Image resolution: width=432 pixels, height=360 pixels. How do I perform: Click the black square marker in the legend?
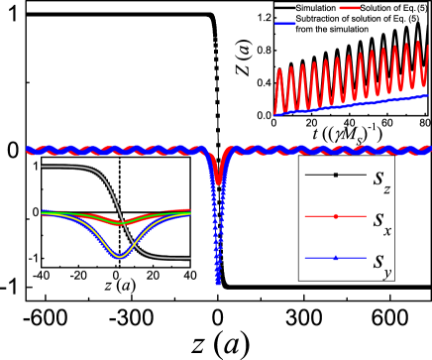point(336,176)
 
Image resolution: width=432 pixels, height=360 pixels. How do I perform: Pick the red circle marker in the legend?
point(336,216)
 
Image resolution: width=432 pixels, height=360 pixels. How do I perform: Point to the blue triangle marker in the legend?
point(336,258)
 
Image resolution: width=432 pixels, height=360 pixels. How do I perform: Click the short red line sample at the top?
point(350,8)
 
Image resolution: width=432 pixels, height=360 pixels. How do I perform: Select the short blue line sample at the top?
point(285,23)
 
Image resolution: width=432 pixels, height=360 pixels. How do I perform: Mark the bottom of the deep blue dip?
point(218,283)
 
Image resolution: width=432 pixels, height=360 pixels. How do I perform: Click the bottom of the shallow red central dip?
point(219,182)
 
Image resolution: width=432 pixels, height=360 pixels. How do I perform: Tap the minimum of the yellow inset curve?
point(120,256)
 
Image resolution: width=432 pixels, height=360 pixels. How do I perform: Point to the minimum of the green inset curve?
point(120,223)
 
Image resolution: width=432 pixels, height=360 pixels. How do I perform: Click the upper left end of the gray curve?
point(43,167)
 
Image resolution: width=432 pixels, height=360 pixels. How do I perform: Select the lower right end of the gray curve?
point(189,259)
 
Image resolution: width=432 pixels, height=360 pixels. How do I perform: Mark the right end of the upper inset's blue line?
point(428,96)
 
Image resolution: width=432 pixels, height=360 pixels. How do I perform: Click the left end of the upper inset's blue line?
point(275,114)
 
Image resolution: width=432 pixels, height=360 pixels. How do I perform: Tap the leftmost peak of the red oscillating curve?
point(279,70)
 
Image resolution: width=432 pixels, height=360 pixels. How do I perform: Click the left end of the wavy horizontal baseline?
point(28,151)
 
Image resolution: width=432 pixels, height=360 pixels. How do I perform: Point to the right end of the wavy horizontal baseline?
point(429,150)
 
